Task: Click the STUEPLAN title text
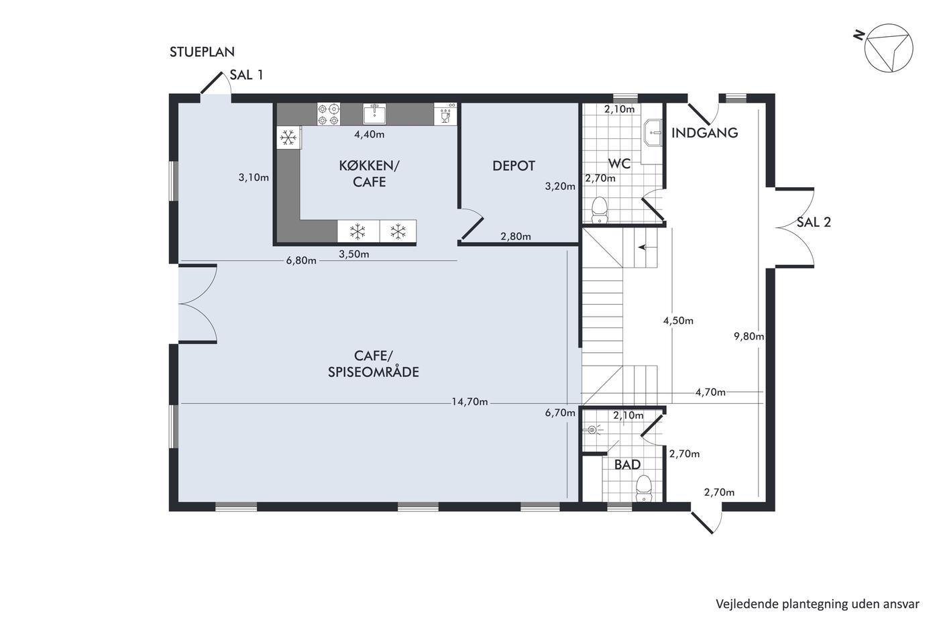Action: pos(202,52)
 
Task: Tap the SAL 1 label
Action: pos(247,75)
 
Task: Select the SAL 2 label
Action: pos(814,222)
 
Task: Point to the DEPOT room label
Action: pos(514,166)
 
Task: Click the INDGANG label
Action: pos(705,133)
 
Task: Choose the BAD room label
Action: pos(627,464)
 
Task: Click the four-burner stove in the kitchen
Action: pos(328,115)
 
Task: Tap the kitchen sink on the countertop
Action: pos(374,113)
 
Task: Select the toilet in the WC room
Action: pos(600,209)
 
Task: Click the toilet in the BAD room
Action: pos(644,488)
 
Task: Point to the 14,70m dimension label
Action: pos(469,402)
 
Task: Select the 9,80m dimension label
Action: pos(749,336)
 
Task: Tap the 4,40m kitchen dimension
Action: pos(370,135)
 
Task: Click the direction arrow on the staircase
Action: pos(643,248)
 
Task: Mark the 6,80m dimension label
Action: pos(301,261)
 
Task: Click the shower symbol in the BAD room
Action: pos(592,430)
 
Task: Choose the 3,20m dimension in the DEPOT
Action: pos(560,186)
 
